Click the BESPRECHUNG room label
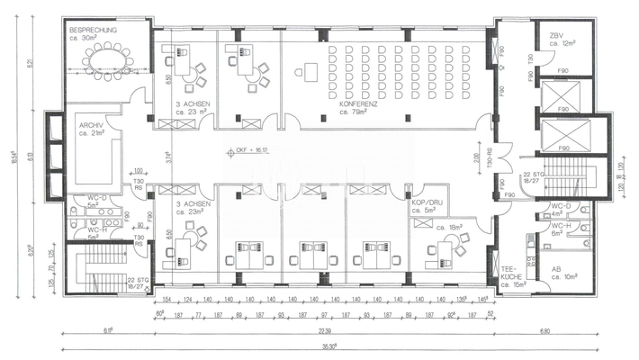coord(94,30)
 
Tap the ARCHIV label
coord(91,125)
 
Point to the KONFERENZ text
coord(357,104)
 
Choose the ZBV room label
coord(556,34)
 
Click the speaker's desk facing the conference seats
coord(311,70)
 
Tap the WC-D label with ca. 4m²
coord(561,209)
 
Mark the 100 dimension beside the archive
coord(139,170)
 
